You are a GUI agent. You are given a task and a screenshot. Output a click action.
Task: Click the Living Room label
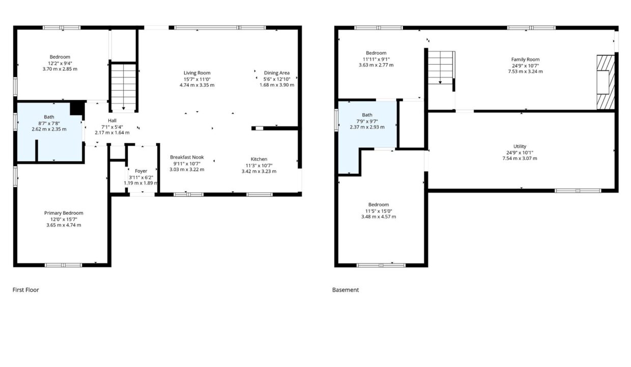197,73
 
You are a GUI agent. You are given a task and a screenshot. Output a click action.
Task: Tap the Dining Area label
277,73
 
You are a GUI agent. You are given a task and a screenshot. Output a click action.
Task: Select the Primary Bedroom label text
64,213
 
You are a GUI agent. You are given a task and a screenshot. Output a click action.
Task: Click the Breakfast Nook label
187,157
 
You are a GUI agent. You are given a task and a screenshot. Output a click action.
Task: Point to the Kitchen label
259,159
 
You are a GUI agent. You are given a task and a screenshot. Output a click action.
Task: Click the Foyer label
141,171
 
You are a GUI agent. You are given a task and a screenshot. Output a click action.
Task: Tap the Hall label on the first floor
112,120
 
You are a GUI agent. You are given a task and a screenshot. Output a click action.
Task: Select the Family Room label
525,60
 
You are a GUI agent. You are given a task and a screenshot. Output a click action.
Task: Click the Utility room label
520,146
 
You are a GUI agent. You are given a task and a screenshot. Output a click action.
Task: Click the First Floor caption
25,290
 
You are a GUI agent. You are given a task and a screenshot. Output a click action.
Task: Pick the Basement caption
346,290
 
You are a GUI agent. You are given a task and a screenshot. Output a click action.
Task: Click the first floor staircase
123,87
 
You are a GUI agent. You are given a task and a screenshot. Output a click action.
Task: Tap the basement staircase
441,68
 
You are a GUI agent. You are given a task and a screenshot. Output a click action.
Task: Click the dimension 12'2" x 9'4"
60,63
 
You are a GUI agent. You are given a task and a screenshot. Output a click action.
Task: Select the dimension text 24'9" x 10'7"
525,66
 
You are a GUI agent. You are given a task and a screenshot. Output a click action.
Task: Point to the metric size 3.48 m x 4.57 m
379,217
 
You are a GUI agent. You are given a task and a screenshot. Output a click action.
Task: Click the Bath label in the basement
367,115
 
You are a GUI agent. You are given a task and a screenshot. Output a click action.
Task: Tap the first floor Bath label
49,117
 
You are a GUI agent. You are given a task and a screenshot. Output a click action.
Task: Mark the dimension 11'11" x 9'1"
376,59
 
